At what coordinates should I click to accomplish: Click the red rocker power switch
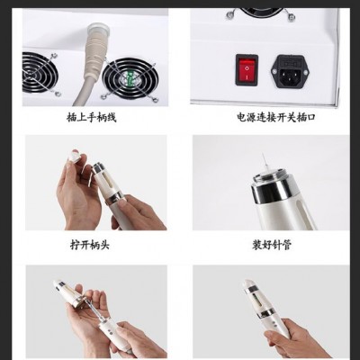tap(247, 70)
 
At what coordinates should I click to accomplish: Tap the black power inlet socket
tap(290, 71)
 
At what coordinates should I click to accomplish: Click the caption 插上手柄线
tap(91, 117)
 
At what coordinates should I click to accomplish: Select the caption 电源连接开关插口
tap(276, 117)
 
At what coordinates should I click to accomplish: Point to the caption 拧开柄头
tap(90, 245)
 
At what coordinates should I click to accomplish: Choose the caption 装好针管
tap(272, 245)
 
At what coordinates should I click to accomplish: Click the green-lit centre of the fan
tap(129, 79)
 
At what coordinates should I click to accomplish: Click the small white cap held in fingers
tap(74, 155)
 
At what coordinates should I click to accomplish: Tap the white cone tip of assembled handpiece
tap(249, 283)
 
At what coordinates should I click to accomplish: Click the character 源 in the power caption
tap(251, 117)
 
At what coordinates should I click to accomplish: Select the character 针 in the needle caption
tap(276, 245)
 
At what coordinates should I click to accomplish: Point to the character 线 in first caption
tap(112, 117)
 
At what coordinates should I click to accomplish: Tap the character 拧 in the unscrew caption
tap(75, 245)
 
